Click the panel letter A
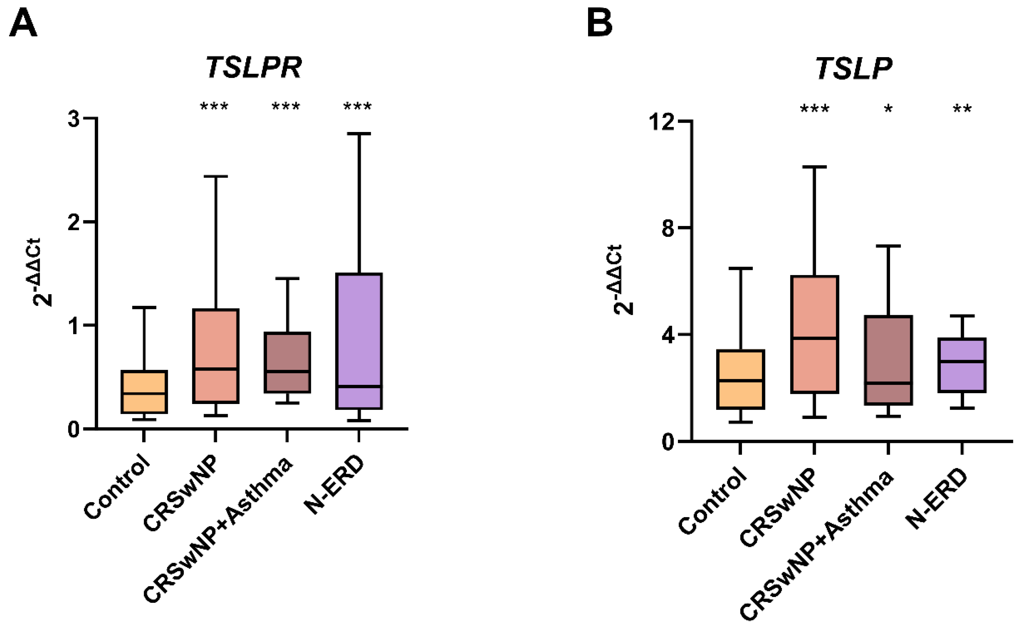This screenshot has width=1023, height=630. (23, 24)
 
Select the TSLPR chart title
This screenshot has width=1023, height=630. (254, 68)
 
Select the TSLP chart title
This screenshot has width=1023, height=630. (853, 68)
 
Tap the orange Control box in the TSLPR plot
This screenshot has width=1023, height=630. (144, 392)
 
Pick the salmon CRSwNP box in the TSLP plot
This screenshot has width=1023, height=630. (814, 333)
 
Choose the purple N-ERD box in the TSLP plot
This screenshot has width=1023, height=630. (962, 365)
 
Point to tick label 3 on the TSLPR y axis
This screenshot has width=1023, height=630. (74, 119)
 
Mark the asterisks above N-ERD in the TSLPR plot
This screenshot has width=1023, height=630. (357, 107)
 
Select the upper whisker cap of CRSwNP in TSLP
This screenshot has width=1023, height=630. (814, 167)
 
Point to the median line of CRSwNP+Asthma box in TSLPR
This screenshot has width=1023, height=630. (287, 371)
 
